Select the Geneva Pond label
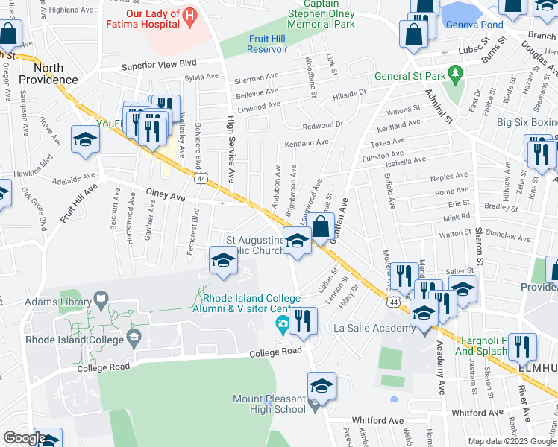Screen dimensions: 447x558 click(474, 24)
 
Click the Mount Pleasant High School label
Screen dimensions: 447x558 click(269, 404)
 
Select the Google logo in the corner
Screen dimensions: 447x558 click(24, 438)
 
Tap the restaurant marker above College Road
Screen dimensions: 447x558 click(303, 320)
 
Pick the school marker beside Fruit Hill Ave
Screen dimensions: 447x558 click(85, 139)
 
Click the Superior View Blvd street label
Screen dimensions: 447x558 click(160, 66)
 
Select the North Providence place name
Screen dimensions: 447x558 click(48, 73)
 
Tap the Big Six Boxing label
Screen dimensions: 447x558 click(527, 121)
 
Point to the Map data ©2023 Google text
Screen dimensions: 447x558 click(511, 440)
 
